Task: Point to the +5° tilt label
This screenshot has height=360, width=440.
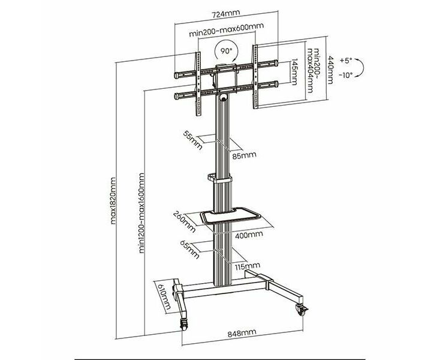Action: click(x=345, y=61)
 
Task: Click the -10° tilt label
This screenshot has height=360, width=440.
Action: click(x=345, y=75)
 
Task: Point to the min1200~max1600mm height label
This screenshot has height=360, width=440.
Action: click(x=141, y=212)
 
